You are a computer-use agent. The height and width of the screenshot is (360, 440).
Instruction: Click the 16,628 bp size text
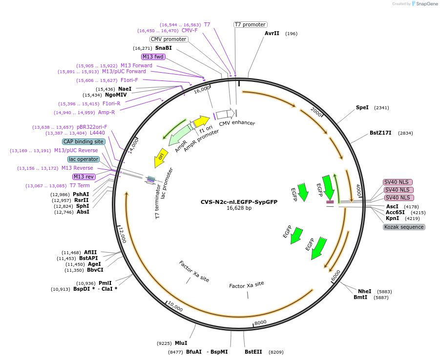click(x=239, y=208)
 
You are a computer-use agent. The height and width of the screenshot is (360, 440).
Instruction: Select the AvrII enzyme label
click(x=272, y=34)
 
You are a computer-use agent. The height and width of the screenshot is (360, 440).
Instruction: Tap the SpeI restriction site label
click(x=362, y=108)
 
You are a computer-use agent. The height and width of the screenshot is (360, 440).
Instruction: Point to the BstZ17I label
click(x=380, y=133)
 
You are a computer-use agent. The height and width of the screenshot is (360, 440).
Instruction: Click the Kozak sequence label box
click(x=404, y=227)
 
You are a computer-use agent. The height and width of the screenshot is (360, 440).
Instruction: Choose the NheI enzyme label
click(x=364, y=291)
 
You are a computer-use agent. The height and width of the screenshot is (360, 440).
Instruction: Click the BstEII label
click(x=253, y=352)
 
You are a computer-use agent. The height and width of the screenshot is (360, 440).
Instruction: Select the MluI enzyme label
click(x=181, y=343)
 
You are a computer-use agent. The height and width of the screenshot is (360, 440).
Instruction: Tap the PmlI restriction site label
click(x=105, y=283)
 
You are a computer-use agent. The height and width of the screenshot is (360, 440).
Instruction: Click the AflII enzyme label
click(x=90, y=252)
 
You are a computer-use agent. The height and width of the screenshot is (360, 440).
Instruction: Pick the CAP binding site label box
click(x=84, y=141)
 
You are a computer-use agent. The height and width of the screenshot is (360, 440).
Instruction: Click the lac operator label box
click(x=84, y=159)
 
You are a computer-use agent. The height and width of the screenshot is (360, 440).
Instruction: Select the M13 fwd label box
click(x=153, y=57)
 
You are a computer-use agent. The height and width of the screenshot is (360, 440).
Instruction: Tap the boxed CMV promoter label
click(x=168, y=39)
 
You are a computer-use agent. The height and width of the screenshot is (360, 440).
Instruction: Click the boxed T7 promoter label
click(x=250, y=24)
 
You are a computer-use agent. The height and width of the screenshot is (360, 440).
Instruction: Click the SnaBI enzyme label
click(x=164, y=48)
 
